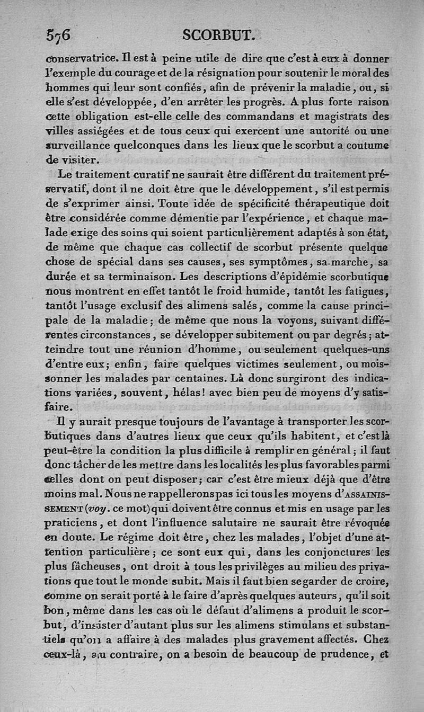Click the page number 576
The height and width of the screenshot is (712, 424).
pyautogui.click(x=58, y=35)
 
